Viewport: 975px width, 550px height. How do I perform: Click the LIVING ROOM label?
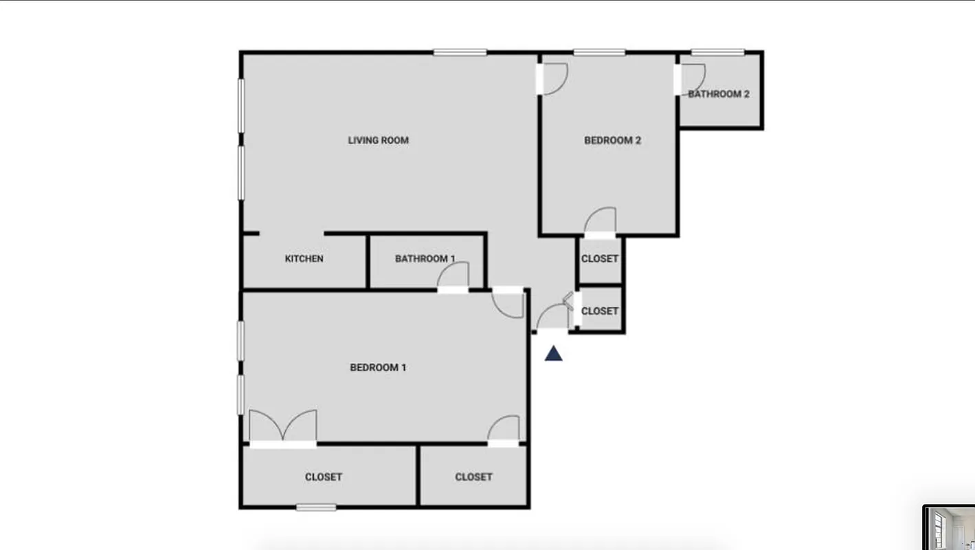pos(378,140)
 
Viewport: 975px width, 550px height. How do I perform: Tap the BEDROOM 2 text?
pos(612,140)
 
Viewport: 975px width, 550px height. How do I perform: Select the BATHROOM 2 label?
pos(719,94)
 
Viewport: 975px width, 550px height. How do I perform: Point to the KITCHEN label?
pos(304,258)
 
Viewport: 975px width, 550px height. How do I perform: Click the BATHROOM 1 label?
pos(425,258)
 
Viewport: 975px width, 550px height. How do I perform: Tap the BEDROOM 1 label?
pos(378,367)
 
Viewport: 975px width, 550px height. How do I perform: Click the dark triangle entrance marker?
pos(554,354)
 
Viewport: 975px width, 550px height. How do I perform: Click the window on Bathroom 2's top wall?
pos(717,52)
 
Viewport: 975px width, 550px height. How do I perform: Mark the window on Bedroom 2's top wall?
pos(599,52)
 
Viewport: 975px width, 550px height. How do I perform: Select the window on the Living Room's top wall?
pos(460,52)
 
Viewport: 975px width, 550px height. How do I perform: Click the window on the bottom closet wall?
pos(316,508)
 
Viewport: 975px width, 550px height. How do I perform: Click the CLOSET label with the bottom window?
pos(324,476)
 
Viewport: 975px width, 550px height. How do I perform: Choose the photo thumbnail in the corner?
pos(949,528)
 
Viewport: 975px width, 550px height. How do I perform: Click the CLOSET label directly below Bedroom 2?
pos(600,259)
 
